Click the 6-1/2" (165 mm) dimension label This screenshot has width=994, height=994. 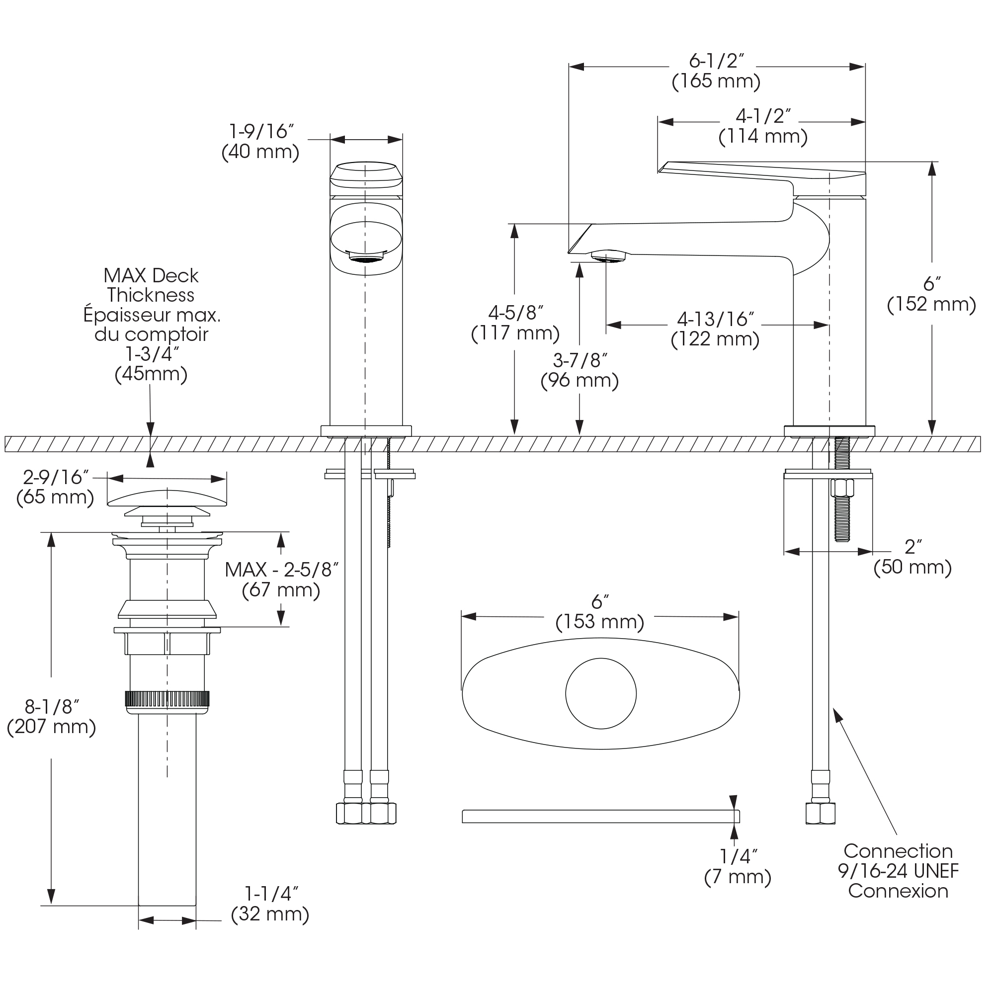pos(716,71)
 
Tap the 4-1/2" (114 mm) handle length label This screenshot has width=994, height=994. pos(762,126)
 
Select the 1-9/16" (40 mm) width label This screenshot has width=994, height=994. pos(260,142)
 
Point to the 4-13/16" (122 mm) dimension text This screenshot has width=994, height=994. pos(715,330)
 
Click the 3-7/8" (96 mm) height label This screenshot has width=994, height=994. pos(580,370)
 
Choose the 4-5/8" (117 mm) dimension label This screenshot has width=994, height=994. pos(515,323)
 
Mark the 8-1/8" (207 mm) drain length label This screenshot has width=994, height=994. pos(52,717)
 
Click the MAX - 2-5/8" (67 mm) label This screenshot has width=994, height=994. pos(281,580)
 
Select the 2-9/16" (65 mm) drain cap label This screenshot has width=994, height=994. pos(56,487)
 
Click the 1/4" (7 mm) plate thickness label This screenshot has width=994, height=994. pos(738,867)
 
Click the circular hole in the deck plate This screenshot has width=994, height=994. pos(601,693)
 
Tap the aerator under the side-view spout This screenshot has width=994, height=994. pos(609,255)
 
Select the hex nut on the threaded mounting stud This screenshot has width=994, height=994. pos(842,487)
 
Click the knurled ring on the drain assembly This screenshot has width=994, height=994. pos(167,699)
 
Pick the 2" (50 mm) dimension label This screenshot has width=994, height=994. pos(912,557)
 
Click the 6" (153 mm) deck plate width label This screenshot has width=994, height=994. pos(600,612)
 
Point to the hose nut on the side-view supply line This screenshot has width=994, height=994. pos(820,813)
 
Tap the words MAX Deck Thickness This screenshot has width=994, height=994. pos(151,285)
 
